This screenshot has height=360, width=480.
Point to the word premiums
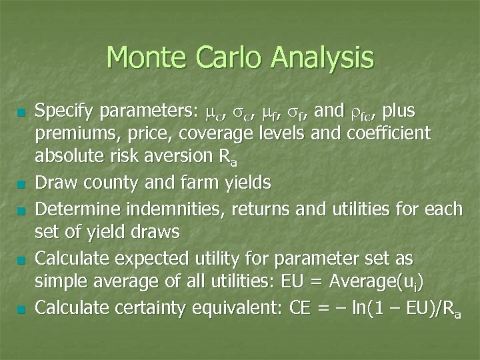click(73, 134)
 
